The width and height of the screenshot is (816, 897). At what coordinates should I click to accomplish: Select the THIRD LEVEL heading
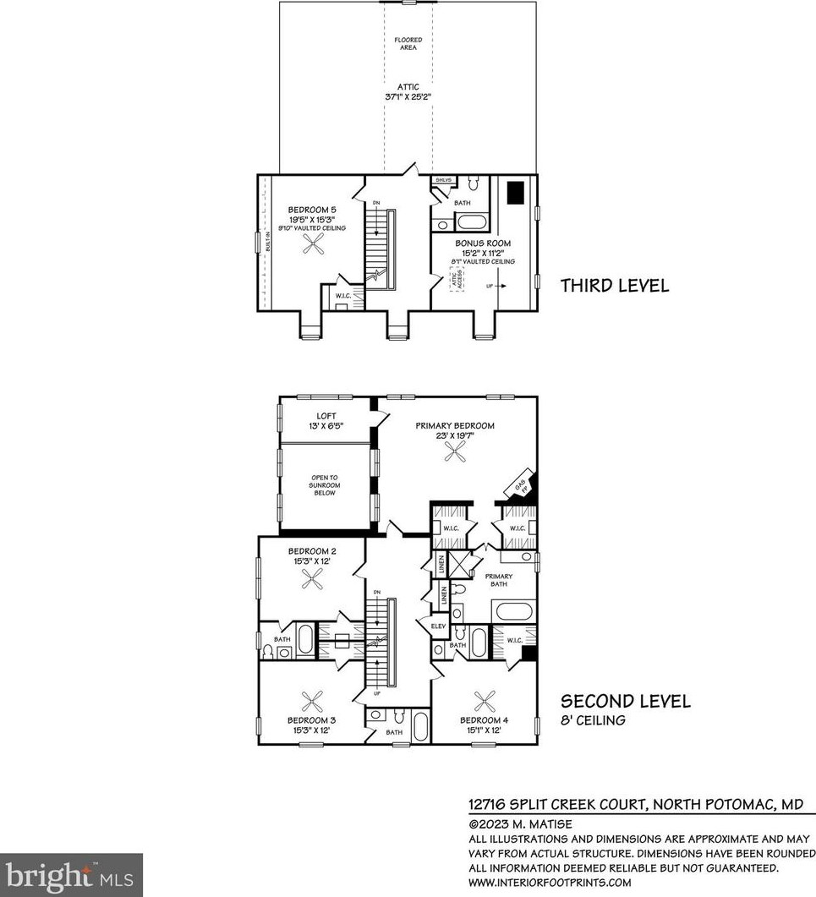tap(615, 286)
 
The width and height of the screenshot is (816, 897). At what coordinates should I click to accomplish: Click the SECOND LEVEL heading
tap(626, 701)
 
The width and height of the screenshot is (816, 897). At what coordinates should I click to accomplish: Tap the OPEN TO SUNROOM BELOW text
tap(326, 488)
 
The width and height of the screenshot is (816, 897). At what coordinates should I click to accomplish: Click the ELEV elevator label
tap(437, 626)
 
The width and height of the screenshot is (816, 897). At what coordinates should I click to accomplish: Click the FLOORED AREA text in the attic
tap(408, 44)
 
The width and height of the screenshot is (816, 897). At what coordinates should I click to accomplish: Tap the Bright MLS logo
tap(71, 874)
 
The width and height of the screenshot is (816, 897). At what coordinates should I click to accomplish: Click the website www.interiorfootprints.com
tap(550, 883)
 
